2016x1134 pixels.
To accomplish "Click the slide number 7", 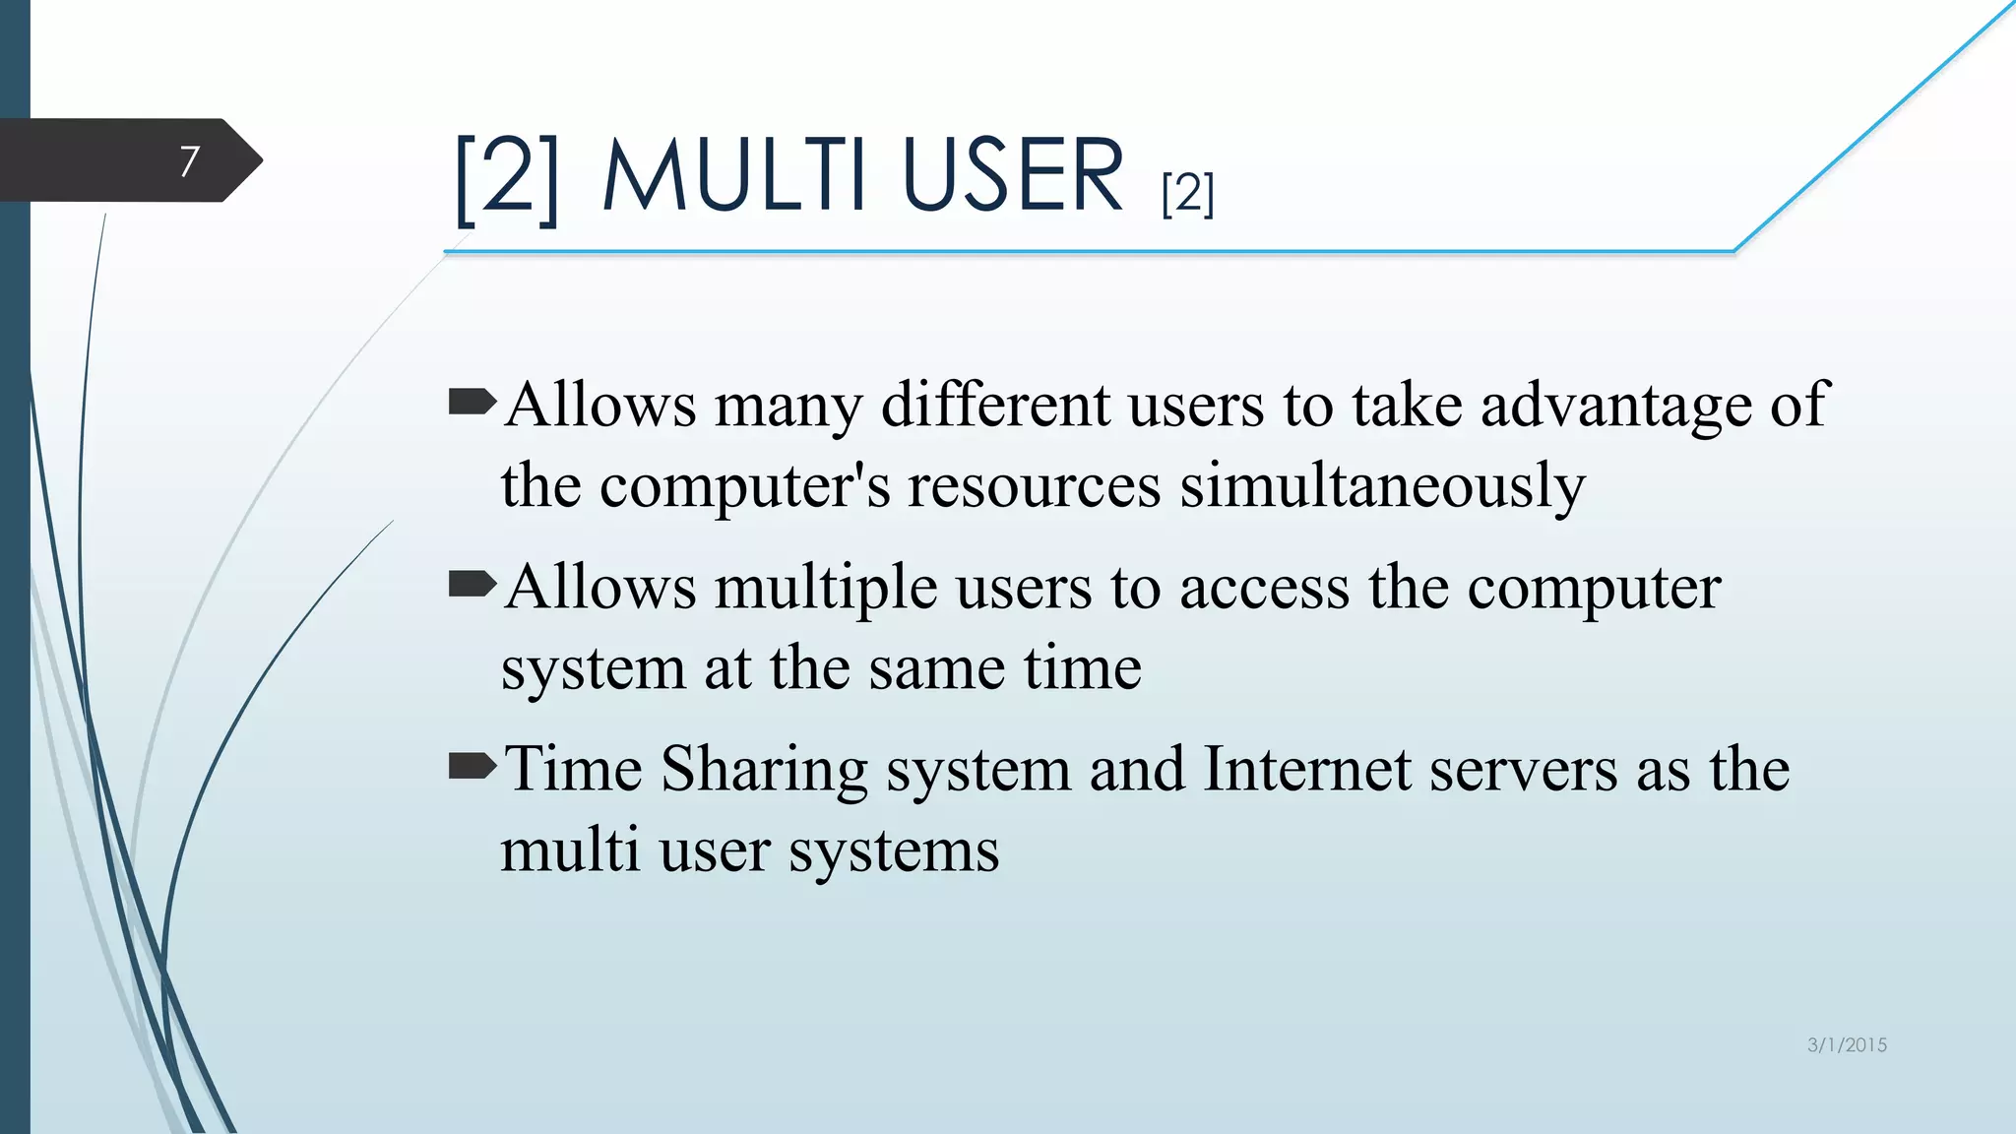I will (x=189, y=160).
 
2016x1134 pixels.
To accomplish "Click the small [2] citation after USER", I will (x=1187, y=193).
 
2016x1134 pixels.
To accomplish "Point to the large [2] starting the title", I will (x=507, y=177).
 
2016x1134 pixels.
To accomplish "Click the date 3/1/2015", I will (x=1847, y=1045).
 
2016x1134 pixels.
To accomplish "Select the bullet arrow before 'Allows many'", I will (x=472, y=402).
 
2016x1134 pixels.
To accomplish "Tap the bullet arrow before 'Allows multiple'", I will (x=472, y=585).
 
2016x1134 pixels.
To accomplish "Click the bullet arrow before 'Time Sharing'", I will (x=472, y=766).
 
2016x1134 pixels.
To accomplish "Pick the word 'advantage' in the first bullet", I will (x=1615, y=406).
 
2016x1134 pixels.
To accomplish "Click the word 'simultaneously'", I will (x=1382, y=486).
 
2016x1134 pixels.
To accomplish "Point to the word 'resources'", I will (x=1034, y=486).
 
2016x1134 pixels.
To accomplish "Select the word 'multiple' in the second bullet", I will (x=825, y=589).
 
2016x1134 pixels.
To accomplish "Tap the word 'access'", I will (x=1264, y=589).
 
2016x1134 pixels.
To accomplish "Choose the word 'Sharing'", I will (x=764, y=771).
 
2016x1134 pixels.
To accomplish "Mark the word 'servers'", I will (x=1523, y=769).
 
